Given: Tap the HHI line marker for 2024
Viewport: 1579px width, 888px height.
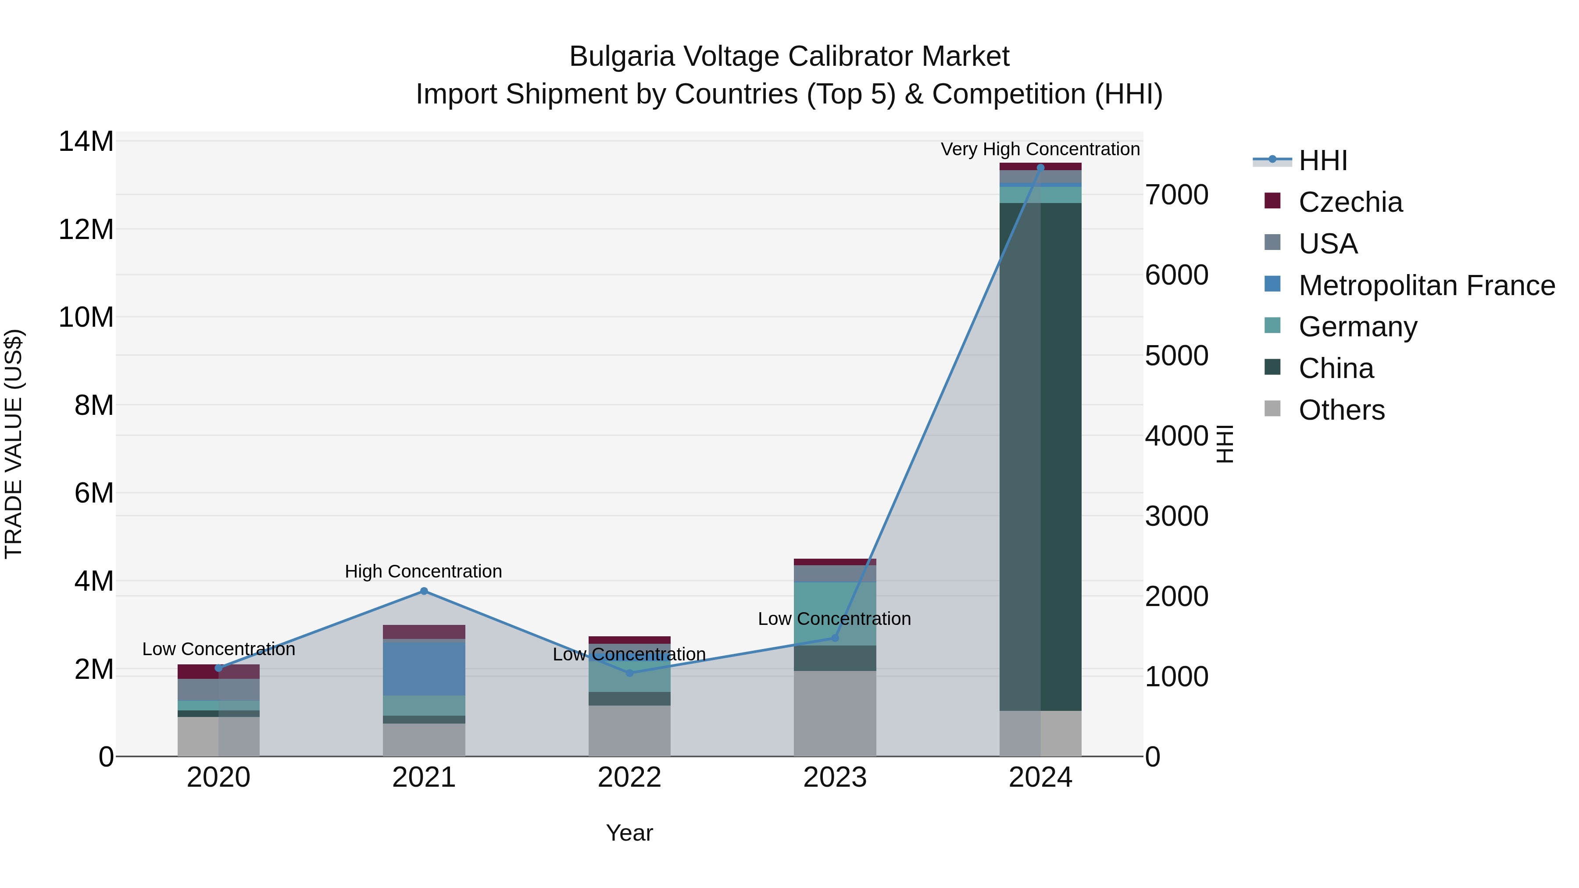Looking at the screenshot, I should click(x=1040, y=168).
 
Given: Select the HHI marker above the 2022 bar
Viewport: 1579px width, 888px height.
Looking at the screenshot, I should click(x=629, y=673).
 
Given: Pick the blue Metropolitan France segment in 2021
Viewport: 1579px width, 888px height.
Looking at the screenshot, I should click(x=424, y=668).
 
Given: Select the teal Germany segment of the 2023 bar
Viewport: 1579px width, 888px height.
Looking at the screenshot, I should click(x=834, y=613).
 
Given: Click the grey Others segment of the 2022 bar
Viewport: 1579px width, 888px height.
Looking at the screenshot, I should click(x=629, y=731).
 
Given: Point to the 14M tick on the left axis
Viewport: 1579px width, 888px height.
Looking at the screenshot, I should click(x=86, y=142).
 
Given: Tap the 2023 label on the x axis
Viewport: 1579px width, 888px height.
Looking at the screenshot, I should click(x=834, y=777).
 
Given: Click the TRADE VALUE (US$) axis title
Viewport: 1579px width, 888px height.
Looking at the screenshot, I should click(x=14, y=444).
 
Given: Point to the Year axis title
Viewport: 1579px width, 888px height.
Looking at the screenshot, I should click(x=629, y=833).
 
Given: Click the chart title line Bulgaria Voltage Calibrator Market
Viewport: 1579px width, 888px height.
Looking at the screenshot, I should click(x=789, y=57).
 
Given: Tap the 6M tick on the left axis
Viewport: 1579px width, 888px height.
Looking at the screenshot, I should click(x=94, y=493).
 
